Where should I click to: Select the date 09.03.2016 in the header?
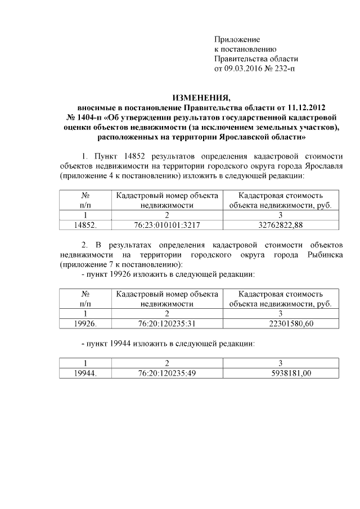(x=244, y=69)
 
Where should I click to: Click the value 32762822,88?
(x=280, y=225)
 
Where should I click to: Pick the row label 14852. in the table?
(x=85, y=225)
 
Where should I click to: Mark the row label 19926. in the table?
(x=85, y=323)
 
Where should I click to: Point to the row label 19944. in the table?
(x=85, y=373)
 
